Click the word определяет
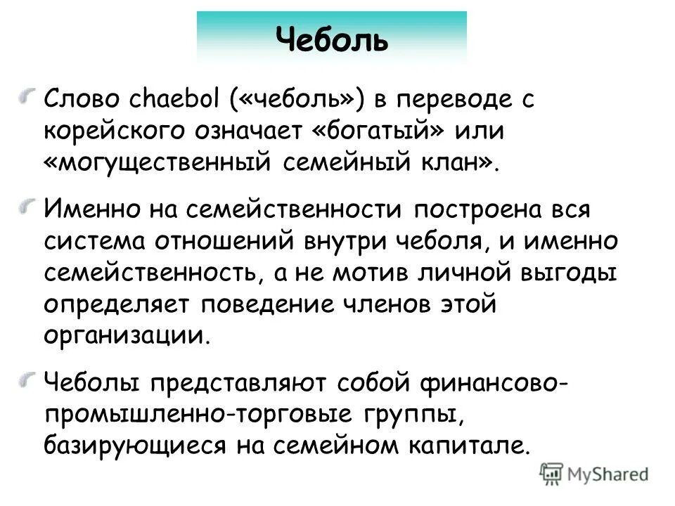pyautogui.click(x=119, y=305)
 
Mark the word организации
pyautogui.click(x=127, y=336)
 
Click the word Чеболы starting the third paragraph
pyautogui.click(x=94, y=382)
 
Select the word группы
pyautogui.click(x=416, y=414)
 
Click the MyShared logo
pyautogui.click(x=595, y=474)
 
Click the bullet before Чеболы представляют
pyautogui.click(x=27, y=379)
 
